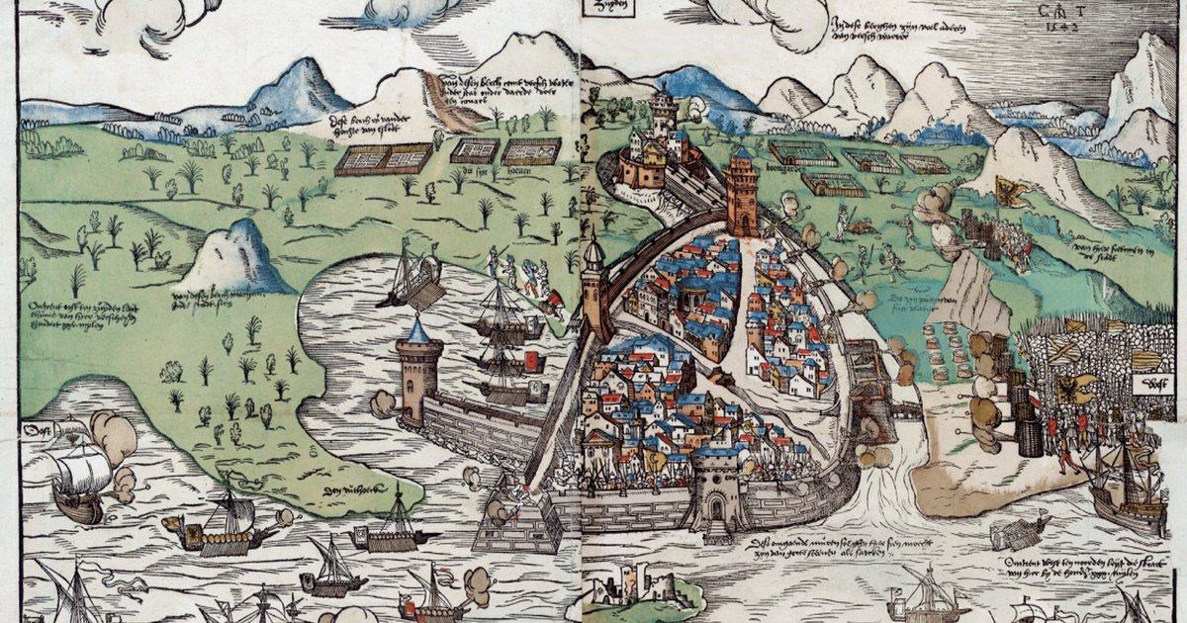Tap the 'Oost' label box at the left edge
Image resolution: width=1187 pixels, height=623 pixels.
(37, 432)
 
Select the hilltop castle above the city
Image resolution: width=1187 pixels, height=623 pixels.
(658, 148)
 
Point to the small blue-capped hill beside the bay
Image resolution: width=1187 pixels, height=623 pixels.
(230, 259)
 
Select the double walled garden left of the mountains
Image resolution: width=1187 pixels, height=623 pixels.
(384, 158)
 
